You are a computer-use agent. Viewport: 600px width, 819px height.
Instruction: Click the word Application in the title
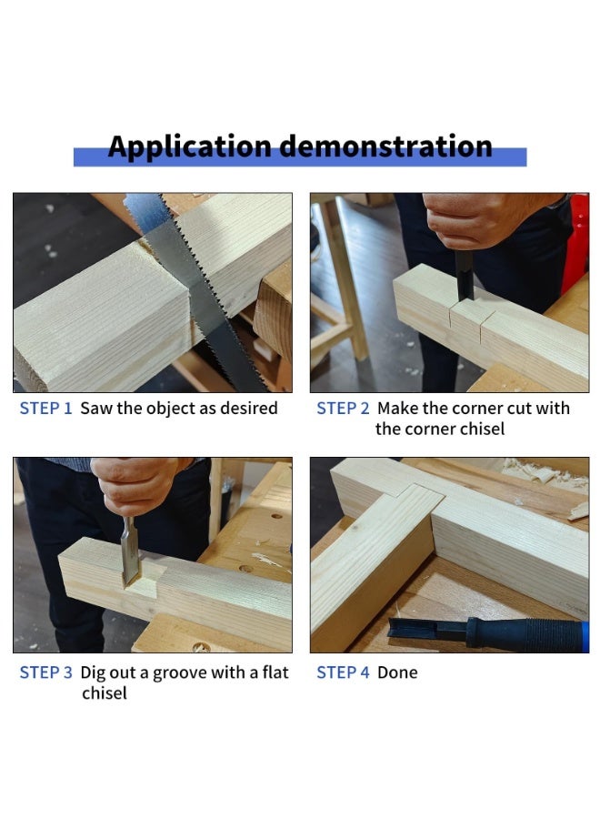[x=189, y=147]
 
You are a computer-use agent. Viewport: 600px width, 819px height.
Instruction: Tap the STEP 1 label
[x=45, y=409]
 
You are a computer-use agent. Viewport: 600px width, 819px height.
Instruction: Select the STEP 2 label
[x=343, y=409]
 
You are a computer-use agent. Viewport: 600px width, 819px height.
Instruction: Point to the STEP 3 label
[x=45, y=672]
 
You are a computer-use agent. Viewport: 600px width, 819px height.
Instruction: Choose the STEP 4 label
[x=343, y=672]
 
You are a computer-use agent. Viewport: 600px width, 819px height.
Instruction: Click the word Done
[x=397, y=672]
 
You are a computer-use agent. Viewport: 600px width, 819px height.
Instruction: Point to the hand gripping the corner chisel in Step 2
[x=473, y=218]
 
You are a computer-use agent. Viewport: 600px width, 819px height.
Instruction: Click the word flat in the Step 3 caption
[x=273, y=672]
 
